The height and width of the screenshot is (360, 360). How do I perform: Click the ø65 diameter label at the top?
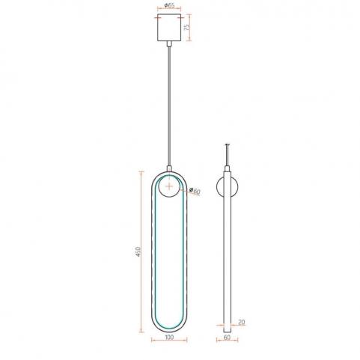pyautogui.click(x=170, y=5)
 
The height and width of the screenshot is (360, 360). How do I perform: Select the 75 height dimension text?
pyautogui.click(x=186, y=27)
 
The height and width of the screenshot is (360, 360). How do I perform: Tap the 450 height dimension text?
pyautogui.click(x=138, y=251)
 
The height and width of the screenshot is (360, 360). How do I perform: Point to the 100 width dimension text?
pyautogui.click(x=169, y=338)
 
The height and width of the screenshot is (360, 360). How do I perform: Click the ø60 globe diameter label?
pyautogui.click(x=195, y=191)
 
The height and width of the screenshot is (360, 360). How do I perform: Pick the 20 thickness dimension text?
pyautogui.click(x=242, y=322)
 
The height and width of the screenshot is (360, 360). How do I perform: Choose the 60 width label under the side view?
pyautogui.click(x=227, y=338)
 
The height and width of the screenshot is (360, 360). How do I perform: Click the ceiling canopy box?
pyautogui.click(x=169, y=28)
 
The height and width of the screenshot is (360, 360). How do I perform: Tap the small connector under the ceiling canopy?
pyautogui.click(x=169, y=44)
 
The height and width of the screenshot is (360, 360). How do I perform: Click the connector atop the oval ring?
pyautogui.click(x=169, y=168)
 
